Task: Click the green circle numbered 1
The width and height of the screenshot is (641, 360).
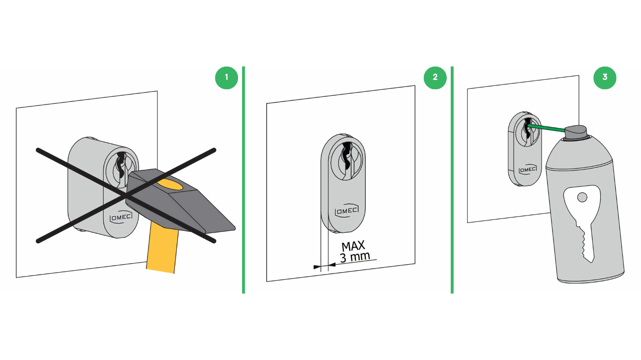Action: [227, 78]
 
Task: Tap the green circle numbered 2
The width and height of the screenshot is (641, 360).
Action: [435, 78]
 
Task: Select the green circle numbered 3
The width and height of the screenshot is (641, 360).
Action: [605, 78]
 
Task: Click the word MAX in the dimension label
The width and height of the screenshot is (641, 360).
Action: [353, 246]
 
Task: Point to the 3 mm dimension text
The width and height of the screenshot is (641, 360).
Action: [355, 257]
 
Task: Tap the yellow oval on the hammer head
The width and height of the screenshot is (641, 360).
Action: [170, 185]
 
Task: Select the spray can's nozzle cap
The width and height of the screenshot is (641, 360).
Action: [576, 132]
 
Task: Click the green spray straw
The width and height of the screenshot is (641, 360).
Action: [546, 129]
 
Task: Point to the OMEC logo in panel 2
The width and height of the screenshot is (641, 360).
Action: [346, 211]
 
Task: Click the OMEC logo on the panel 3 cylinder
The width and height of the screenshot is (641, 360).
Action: [528, 169]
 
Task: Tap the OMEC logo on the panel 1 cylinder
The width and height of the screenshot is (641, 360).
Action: [121, 217]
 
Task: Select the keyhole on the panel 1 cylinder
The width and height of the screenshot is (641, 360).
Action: [121, 165]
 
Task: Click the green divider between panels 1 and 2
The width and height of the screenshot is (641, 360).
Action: [243, 180]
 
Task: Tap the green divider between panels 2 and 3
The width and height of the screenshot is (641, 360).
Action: [452, 180]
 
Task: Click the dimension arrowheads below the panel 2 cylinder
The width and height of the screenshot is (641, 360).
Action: [324, 266]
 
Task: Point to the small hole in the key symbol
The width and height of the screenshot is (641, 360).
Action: [582, 197]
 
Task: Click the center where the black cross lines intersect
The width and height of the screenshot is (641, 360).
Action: [126, 196]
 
